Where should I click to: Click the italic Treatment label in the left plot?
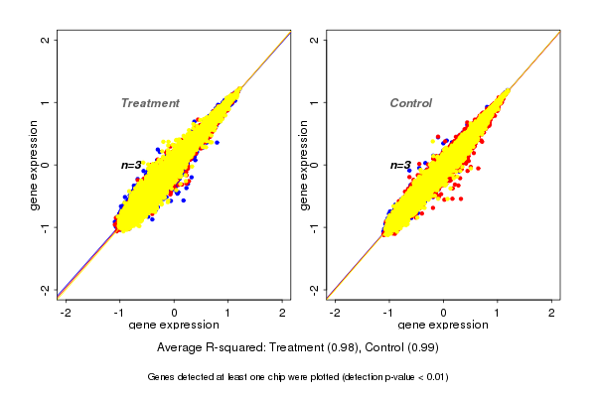pyautogui.click(x=150, y=103)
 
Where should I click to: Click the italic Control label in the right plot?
pyautogui.click(x=410, y=103)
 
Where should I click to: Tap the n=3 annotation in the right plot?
pyautogui.click(x=400, y=165)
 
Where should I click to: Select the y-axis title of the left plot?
pyautogui.click(x=35, y=164)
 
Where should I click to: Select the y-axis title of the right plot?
pyautogui.click(x=304, y=164)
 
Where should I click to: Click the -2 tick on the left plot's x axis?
pyautogui.click(x=66, y=312)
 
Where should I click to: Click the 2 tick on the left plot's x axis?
pyautogui.click(x=282, y=312)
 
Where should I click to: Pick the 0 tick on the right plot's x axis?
pyautogui.click(x=443, y=312)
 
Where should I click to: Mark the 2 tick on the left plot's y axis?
pyautogui.click(x=46, y=40)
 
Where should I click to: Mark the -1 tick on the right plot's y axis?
pyautogui.click(x=315, y=226)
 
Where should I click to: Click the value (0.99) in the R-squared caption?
pyautogui.click(x=421, y=348)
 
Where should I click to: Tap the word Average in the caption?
pyautogui.click(x=180, y=348)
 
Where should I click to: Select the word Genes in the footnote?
pyautogui.click(x=162, y=377)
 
